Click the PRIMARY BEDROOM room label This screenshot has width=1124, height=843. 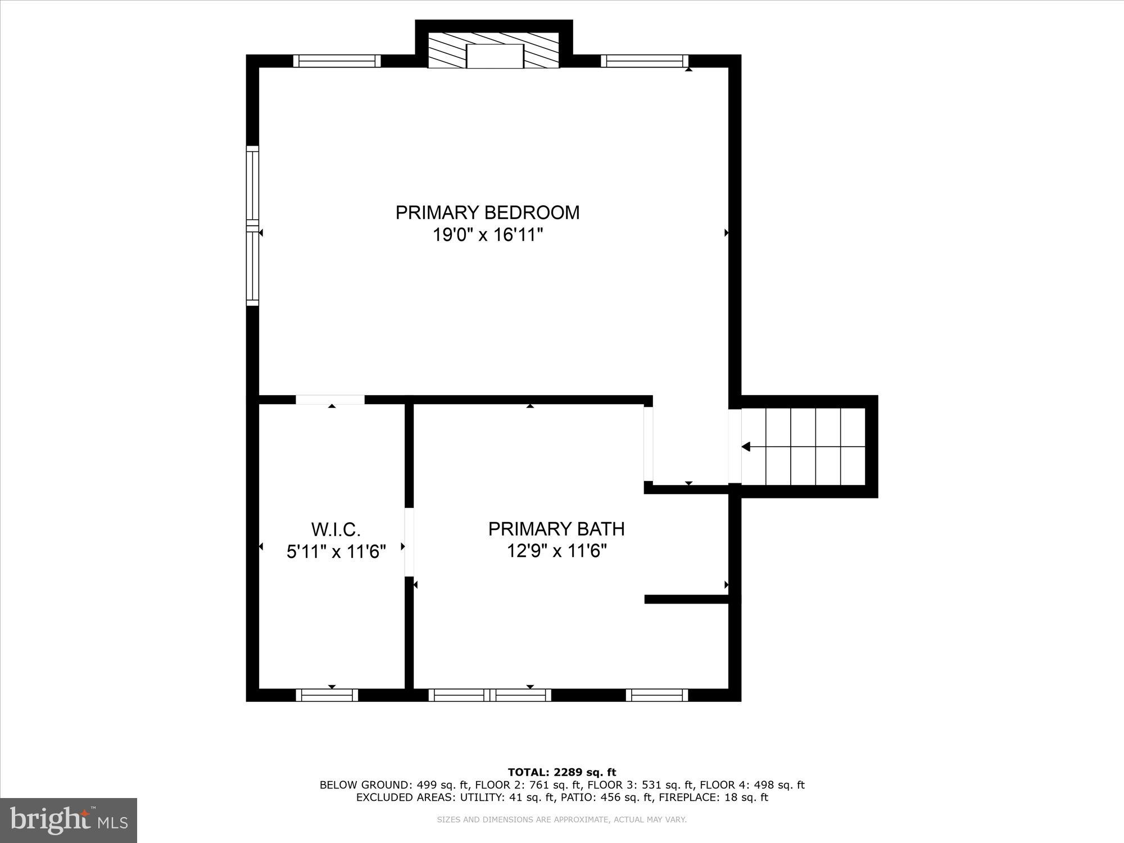point(487,212)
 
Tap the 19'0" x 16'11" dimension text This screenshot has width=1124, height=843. point(487,234)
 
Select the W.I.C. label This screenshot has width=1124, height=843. point(336,529)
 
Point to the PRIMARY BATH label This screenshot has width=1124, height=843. point(556,529)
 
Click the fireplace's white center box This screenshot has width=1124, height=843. point(495,56)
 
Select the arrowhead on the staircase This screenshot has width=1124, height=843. point(746,447)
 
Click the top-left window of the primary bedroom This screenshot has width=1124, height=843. point(337,61)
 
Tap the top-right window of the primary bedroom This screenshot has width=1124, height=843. point(645,61)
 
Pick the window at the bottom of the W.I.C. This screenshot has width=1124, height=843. point(327,695)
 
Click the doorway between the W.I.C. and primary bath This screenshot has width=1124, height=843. point(409,542)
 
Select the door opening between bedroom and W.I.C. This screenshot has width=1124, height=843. point(330,400)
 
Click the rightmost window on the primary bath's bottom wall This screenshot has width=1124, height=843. point(657,695)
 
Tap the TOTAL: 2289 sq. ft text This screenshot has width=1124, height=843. point(561,772)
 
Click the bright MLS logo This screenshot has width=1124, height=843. point(69,821)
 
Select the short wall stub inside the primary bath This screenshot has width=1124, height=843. point(686,599)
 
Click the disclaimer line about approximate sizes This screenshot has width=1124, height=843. point(561,820)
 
